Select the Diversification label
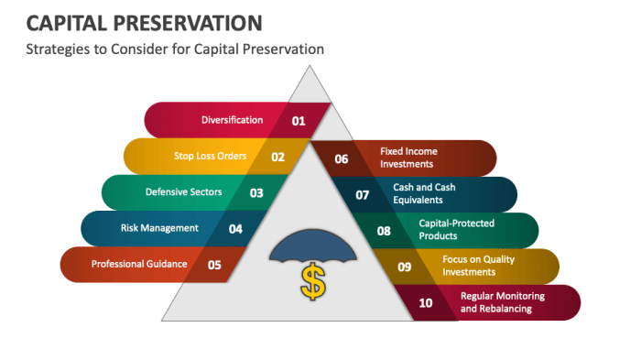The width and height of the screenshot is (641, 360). coord(232,120)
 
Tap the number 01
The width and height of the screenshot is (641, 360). coord(299,120)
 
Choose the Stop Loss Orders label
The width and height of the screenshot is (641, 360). coord(210,156)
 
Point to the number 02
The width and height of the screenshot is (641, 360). coord(277,157)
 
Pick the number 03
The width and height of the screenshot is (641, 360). coord(256,193)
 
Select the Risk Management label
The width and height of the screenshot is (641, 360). coord(159,228)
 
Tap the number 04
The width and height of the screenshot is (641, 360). coord(235,229)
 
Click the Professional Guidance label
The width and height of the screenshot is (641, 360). coord(139,264)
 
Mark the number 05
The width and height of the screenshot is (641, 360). coord(214,265)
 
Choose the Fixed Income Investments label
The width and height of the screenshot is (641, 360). coord(409,158)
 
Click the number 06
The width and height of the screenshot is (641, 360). coord(342,158)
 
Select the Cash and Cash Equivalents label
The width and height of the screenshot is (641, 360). coord(424,193)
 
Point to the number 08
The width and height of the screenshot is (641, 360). coord(384,231)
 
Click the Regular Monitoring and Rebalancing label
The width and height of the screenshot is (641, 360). coord(502,302)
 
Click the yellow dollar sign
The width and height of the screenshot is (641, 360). coord(313,284)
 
